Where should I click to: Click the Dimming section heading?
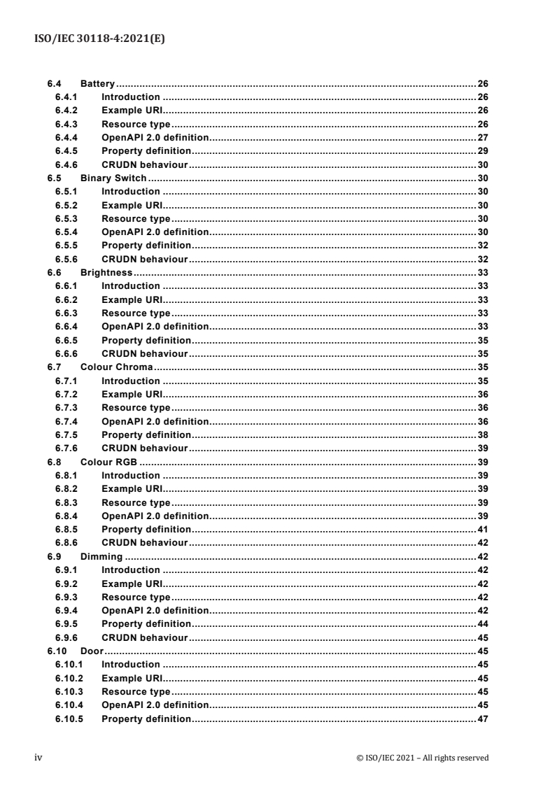click(101, 557)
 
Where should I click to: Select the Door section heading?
click(92, 651)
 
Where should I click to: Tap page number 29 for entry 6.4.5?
click(482, 151)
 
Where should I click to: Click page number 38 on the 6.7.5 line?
click(482, 434)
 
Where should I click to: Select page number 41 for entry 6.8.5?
click(482, 529)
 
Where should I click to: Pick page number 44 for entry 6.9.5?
click(482, 624)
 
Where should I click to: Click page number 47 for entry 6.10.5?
click(482, 719)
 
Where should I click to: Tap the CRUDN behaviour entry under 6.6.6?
click(144, 354)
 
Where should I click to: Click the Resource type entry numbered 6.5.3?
click(136, 219)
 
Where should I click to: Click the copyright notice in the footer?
click(422, 758)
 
